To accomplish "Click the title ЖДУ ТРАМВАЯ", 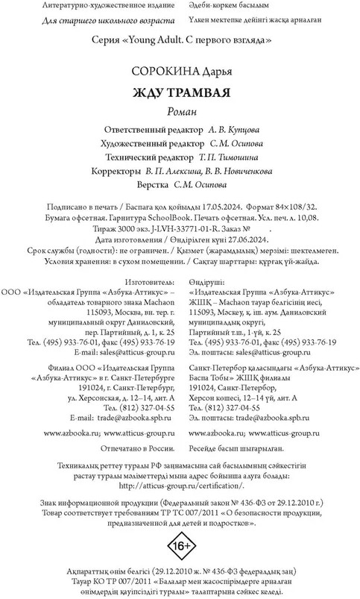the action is coord(180,93).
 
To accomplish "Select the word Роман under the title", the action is coord(179,111).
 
